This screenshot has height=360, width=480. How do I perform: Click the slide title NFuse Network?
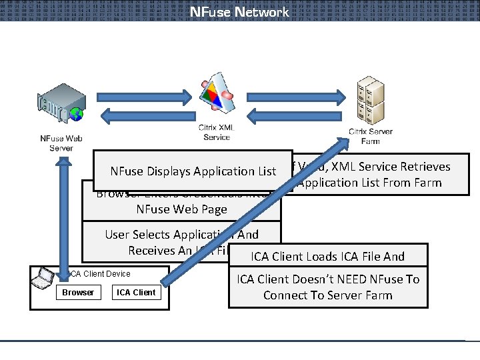(239, 12)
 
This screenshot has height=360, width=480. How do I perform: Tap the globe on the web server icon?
(78, 114)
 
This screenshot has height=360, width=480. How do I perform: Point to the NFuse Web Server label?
(61, 143)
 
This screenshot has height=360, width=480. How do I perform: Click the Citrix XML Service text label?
(215, 132)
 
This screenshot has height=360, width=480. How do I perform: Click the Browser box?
(78, 293)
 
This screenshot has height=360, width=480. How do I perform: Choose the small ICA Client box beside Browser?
(136, 293)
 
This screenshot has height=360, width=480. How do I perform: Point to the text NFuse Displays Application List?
(193, 171)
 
